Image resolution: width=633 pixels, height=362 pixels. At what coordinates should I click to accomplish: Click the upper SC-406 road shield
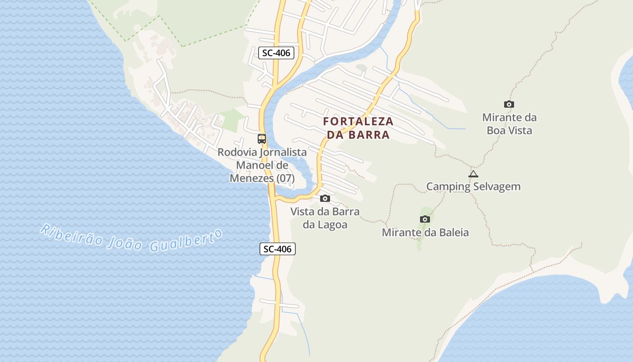[x=276, y=53]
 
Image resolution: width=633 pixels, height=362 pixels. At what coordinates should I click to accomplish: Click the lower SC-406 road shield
[x=278, y=248]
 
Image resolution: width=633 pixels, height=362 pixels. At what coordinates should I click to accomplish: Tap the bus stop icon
[x=262, y=139]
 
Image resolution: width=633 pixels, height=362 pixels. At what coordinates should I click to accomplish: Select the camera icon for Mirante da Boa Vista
[x=509, y=105]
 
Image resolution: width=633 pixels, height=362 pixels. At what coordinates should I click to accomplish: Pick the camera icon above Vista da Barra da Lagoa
[x=325, y=198]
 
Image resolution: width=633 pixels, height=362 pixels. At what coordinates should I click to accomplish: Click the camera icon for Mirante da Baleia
[x=425, y=219]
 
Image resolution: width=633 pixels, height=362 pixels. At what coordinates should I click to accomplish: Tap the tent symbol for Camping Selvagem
[x=473, y=174]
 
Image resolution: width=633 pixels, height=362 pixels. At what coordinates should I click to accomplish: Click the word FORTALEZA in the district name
[x=359, y=122]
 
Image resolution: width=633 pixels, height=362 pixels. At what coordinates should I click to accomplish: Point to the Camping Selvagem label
[x=473, y=186]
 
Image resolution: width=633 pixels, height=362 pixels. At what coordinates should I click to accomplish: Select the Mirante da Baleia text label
[x=425, y=233]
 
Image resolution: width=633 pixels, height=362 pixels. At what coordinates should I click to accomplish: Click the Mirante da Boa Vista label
[x=509, y=124]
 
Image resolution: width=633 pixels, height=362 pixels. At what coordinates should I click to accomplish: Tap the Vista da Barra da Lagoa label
[x=325, y=218]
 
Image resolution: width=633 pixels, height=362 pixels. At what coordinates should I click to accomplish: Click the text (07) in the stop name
[x=285, y=178]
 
